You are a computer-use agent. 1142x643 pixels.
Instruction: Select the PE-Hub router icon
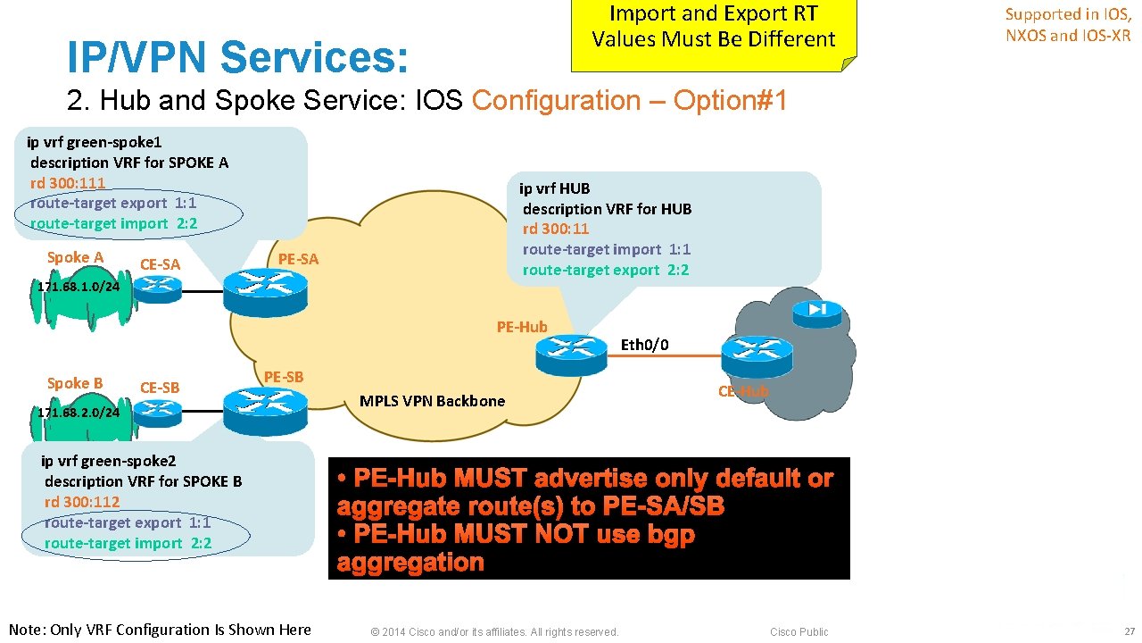point(571,353)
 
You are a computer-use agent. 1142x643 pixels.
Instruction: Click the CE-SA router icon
point(158,288)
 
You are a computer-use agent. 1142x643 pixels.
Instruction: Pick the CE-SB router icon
point(158,410)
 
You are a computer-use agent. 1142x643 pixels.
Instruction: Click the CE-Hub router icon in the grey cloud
point(757,355)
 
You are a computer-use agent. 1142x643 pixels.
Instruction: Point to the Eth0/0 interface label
point(644,345)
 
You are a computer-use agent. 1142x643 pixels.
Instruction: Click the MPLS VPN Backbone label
point(432,401)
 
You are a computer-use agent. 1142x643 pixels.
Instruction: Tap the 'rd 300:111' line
point(68,183)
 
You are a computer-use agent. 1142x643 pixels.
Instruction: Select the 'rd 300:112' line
point(82,502)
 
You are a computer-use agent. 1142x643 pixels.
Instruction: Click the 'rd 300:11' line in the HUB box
point(556,229)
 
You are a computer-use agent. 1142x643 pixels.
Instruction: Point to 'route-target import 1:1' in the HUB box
point(607,249)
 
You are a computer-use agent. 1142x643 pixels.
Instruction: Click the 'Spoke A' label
point(75,257)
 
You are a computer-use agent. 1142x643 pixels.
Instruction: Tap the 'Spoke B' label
point(75,383)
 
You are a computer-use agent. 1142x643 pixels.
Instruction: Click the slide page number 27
point(1129,631)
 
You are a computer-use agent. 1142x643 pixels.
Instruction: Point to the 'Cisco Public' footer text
point(799,632)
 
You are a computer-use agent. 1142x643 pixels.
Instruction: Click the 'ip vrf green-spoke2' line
point(108,461)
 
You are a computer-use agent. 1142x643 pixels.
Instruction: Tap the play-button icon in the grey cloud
point(818,310)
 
